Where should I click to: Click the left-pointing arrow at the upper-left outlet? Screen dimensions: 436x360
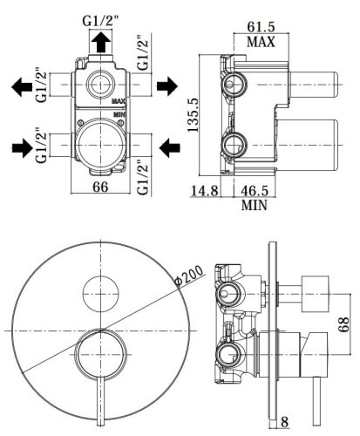(19, 86)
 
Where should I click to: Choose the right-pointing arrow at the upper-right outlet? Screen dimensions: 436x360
(166, 86)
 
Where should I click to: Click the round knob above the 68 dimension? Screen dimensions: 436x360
(314, 289)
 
